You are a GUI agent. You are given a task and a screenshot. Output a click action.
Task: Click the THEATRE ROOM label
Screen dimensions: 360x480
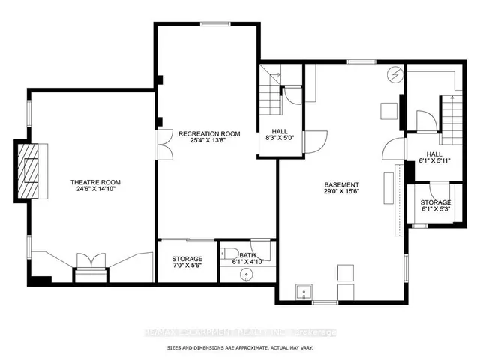95,182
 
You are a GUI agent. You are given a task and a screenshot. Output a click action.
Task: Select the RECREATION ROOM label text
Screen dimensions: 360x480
209,134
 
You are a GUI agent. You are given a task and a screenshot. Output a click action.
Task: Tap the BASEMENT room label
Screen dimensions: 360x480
341,185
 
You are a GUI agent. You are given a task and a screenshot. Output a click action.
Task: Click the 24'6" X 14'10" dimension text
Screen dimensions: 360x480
95,190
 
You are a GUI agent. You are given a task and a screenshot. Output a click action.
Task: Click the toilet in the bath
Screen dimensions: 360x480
232,253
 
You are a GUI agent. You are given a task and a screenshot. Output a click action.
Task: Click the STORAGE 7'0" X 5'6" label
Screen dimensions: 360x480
187,262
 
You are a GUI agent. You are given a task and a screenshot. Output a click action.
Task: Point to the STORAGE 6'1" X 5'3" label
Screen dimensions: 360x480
435,206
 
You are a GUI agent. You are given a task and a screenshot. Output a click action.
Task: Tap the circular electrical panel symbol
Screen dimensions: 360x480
395,75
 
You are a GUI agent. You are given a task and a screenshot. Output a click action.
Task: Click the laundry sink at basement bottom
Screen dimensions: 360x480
304,290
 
